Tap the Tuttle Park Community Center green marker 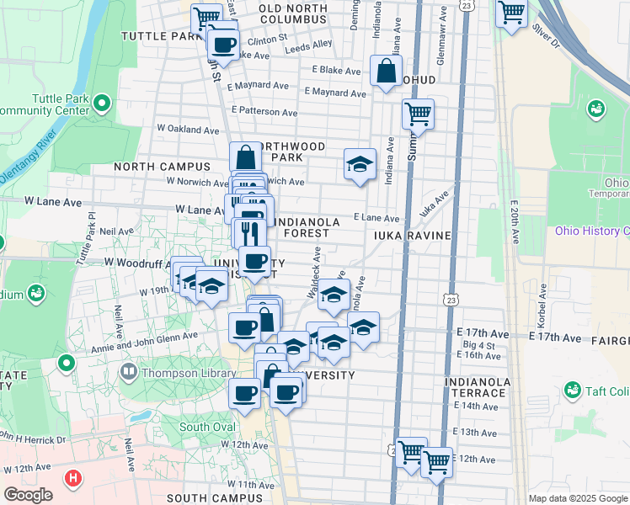[x=103, y=105]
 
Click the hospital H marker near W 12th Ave [x=73, y=477]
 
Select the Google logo [x=28, y=495]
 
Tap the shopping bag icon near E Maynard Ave [x=386, y=72]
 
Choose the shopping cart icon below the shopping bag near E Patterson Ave [x=418, y=113]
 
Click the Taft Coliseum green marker [x=574, y=391]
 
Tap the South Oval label [x=206, y=427]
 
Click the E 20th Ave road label [x=512, y=222]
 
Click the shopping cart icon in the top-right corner [x=510, y=13]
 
